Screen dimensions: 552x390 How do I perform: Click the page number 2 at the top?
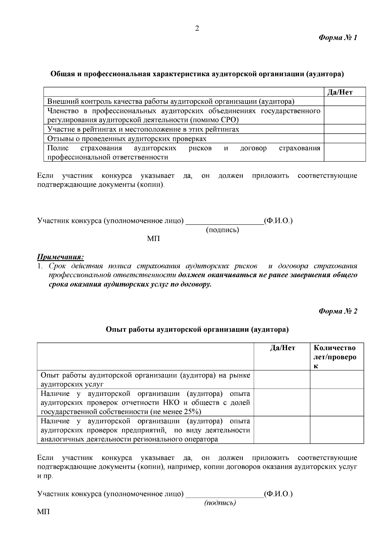click(x=197, y=29)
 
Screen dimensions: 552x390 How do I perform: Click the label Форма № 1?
click(x=338, y=38)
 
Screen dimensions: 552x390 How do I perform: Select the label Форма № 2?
click(x=338, y=311)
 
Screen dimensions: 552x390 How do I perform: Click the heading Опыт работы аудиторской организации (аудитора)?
click(x=197, y=330)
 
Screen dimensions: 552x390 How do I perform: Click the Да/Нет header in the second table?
click(x=282, y=348)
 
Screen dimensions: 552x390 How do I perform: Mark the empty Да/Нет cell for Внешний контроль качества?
click(x=344, y=101)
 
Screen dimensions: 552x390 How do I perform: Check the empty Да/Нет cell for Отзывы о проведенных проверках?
click(x=344, y=139)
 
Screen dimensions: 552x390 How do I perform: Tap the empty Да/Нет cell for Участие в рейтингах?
click(x=344, y=129)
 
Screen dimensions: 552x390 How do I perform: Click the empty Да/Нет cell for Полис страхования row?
click(x=344, y=153)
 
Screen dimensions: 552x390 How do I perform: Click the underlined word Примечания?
click(x=60, y=257)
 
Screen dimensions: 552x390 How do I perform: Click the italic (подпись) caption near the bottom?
click(x=220, y=503)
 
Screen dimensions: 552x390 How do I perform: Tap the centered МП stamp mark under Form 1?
click(x=153, y=239)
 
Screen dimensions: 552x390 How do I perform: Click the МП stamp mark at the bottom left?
click(x=44, y=512)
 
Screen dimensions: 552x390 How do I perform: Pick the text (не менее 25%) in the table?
click(x=175, y=412)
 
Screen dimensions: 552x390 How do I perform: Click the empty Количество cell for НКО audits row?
click(x=337, y=402)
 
